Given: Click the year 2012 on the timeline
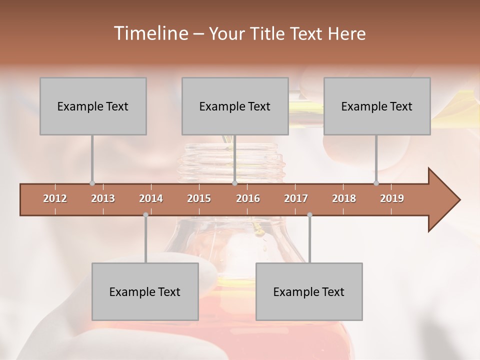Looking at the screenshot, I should tap(55, 198).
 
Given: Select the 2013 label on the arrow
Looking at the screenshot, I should tap(103, 198).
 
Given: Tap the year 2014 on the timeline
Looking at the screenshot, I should tap(151, 198).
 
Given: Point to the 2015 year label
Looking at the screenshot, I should tap(199, 198).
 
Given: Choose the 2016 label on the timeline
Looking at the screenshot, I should tap(248, 198).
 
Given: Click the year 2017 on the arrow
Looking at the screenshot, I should tap(296, 198).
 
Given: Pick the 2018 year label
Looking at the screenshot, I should tap(344, 198).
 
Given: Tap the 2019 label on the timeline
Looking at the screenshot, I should tap(392, 198).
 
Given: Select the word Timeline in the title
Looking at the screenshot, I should tap(150, 33).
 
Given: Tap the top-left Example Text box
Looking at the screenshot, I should tap(93, 106).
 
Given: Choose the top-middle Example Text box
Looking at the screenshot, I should tap(235, 106).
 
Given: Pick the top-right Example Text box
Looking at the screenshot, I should tap(377, 106).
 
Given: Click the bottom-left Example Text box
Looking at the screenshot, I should tap(145, 291).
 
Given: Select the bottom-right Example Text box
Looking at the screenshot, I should tap(309, 291).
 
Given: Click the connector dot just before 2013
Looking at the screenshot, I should tap(92, 183).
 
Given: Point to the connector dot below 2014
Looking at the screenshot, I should tap(145, 215).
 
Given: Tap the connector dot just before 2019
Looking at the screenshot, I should tap(376, 183).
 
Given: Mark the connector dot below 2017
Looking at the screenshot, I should tap(309, 215).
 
